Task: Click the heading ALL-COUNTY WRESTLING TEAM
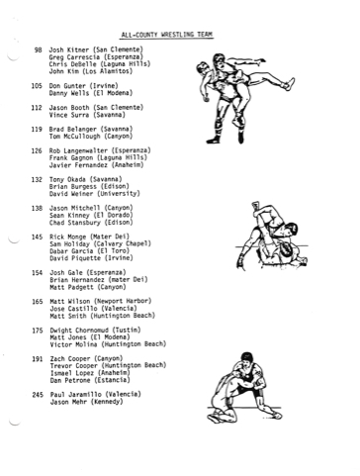point(167,35)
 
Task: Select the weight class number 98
point(38,50)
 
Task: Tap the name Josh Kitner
point(69,50)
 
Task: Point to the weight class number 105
point(37,86)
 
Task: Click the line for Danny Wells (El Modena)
point(91,93)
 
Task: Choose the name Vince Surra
point(69,115)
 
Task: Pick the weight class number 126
point(37,151)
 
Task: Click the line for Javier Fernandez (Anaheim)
point(97,165)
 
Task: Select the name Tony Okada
point(67,180)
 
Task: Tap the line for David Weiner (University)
point(95,194)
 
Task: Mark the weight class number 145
point(37,237)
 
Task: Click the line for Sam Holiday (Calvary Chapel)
point(100,244)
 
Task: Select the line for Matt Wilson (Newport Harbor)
point(101,302)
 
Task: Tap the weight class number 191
point(38,359)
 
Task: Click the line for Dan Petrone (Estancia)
point(90,381)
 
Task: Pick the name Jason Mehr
point(68,402)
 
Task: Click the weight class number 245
point(38,395)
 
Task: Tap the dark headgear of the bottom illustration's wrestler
point(246,356)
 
